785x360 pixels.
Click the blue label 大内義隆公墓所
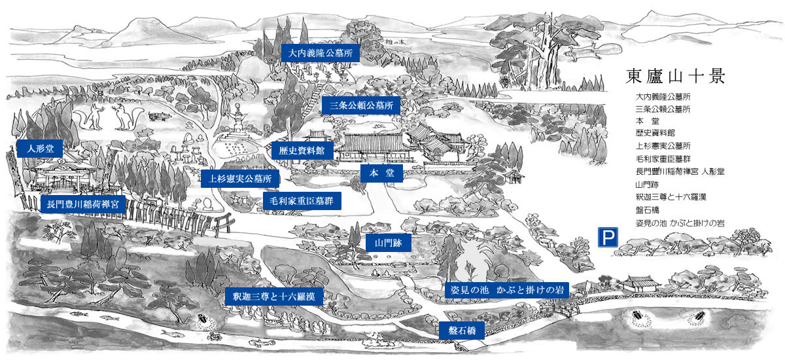point(321,53)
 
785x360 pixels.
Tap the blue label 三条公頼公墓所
point(360,105)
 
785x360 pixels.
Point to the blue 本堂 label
point(381,173)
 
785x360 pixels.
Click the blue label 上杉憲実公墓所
point(241,178)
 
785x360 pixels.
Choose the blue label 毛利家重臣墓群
point(302,200)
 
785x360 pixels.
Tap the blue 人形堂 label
point(40,149)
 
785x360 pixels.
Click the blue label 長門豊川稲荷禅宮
point(82,204)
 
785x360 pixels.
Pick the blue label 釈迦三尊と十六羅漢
point(273,297)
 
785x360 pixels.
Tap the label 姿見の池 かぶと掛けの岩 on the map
point(506,289)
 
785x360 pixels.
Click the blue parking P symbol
point(608,237)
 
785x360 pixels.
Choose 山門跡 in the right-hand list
point(648,184)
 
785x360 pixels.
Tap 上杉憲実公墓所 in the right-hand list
point(663,145)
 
